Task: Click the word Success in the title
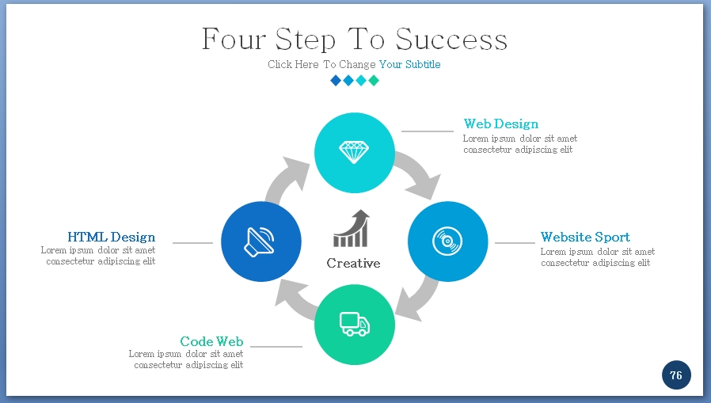tap(451, 40)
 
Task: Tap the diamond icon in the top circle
tap(354, 151)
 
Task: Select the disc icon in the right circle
tap(447, 241)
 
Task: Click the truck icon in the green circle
tap(354, 323)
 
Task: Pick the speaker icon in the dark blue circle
tap(260, 241)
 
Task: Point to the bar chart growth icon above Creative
tap(352, 229)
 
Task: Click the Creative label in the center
tap(353, 263)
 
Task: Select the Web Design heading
tap(500, 124)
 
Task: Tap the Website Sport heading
tap(585, 237)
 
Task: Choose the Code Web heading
tap(211, 341)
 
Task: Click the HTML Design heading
tap(111, 237)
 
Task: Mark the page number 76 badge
tap(676, 375)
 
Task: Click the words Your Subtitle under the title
tap(409, 64)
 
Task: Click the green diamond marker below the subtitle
tap(374, 80)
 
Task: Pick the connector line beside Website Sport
tap(515, 242)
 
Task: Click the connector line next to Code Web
tap(276, 346)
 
